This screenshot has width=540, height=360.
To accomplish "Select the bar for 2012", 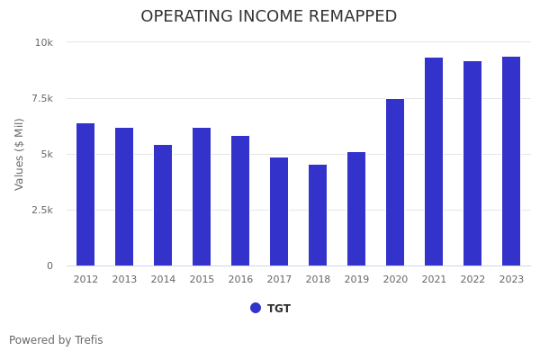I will (x=85, y=194).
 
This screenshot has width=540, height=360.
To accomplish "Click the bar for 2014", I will (x=163, y=205).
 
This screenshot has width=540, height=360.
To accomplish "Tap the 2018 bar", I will (x=318, y=215).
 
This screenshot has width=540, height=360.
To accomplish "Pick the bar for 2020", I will (x=395, y=182).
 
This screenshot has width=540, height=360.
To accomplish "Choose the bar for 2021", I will (x=434, y=162).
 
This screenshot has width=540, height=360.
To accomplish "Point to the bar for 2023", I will (x=511, y=161).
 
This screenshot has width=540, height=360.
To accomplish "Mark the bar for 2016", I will (x=240, y=201).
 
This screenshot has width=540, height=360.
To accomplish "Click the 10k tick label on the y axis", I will (x=44, y=42).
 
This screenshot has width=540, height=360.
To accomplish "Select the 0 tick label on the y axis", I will (x=49, y=265).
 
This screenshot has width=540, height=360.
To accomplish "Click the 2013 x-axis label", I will (x=124, y=280).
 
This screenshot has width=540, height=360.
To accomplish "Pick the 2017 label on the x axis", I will (x=279, y=280).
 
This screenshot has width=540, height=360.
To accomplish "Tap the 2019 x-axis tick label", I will (x=356, y=280).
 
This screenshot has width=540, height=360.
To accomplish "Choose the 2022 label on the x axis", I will (x=472, y=280).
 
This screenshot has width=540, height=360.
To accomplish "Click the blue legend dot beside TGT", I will (x=256, y=308).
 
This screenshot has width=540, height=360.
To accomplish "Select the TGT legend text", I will (x=279, y=309).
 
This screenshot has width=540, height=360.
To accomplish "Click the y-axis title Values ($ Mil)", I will (x=20, y=154).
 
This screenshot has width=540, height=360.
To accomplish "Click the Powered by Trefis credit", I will (x=56, y=340).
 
